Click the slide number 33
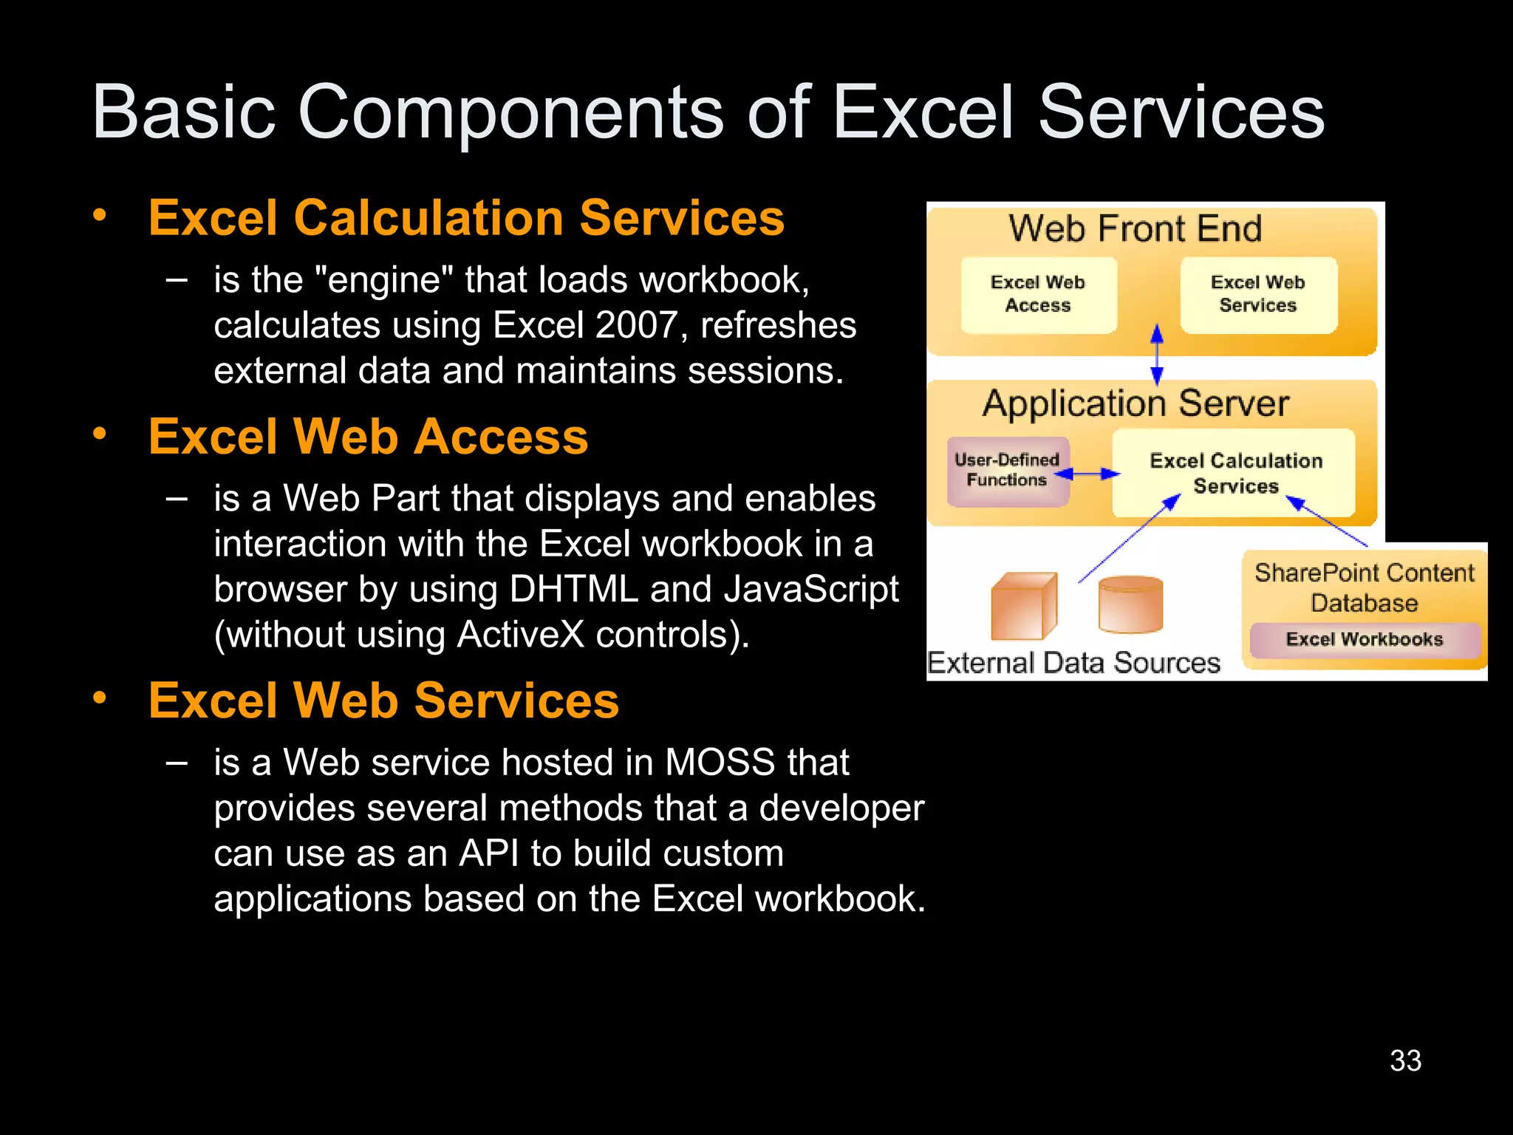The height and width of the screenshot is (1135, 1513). coord(1405,1061)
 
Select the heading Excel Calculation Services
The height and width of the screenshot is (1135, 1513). coord(466,218)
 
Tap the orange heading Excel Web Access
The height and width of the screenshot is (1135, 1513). coord(368,437)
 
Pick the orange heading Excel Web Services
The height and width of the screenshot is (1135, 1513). coord(383,701)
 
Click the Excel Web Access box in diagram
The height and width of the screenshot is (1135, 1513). coord(1038,294)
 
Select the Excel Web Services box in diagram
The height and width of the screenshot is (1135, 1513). coord(1257,294)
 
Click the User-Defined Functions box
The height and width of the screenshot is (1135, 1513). coord(1007,471)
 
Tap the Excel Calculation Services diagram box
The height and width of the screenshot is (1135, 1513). coord(1235,473)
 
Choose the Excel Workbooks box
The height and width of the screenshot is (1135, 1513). coord(1364,639)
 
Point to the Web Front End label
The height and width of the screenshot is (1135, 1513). coord(1135,228)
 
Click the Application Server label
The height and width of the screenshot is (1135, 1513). coord(1135,404)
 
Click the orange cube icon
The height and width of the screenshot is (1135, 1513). coord(1023,606)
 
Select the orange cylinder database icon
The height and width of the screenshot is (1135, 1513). coord(1130,604)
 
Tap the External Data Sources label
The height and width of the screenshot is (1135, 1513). coord(1073,663)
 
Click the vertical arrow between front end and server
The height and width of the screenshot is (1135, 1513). coord(1157,355)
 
